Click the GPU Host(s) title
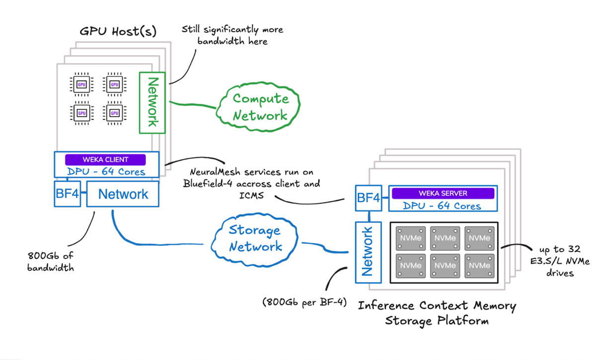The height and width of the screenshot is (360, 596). pos(118,32)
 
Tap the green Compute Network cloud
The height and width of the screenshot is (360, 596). pos(260,107)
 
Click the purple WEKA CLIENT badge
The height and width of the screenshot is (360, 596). pos(105,160)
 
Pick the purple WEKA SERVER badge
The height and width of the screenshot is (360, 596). pos(443,193)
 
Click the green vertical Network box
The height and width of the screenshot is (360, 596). pos(152,102)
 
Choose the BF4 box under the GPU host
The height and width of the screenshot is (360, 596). pos(67,194)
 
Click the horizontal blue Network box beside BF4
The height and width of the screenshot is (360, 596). pos(123,194)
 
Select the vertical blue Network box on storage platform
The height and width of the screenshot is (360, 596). pos(368,251)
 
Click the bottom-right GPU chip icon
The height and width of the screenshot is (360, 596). pos(115,113)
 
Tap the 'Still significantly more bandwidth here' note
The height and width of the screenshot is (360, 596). pos(232,35)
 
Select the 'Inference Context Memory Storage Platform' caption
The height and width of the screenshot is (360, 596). pos(437,313)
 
